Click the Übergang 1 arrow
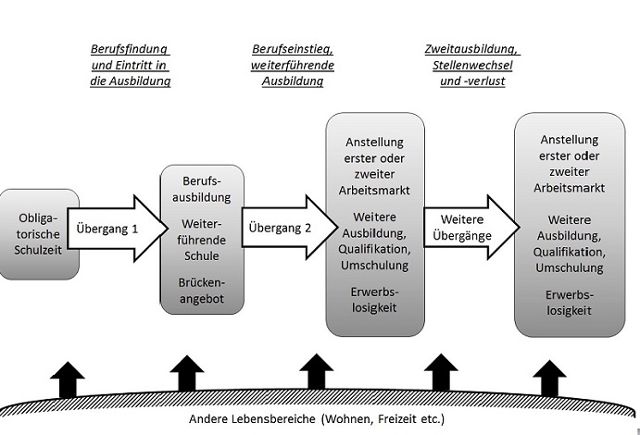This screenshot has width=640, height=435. pos(109,227)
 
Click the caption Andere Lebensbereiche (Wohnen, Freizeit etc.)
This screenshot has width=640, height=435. pos(317,419)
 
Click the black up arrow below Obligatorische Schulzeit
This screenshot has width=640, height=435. pos(68,379)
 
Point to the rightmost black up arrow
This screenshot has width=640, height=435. pos(551,379)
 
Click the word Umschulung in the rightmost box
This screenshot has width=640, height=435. pos(569,267)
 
